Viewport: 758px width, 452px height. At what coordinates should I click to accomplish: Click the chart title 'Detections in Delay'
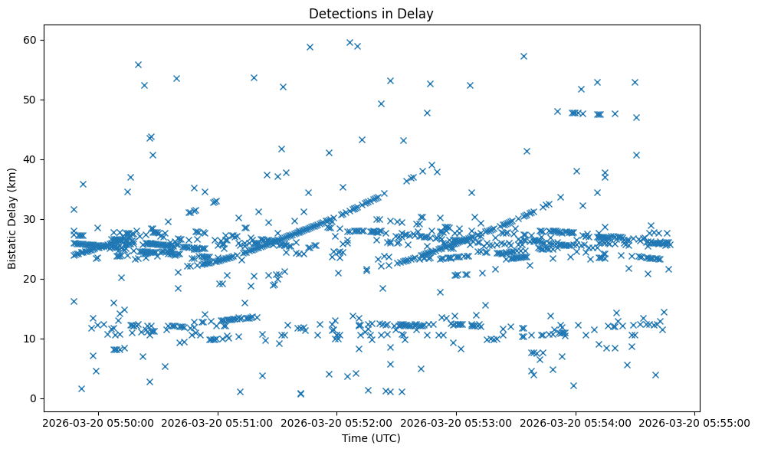pos(371,13)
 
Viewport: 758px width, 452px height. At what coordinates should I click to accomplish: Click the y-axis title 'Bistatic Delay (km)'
pos(12,218)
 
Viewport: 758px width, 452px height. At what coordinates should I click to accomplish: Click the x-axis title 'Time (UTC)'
pos(371,438)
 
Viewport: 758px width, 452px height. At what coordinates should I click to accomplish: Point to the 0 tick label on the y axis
pos(33,398)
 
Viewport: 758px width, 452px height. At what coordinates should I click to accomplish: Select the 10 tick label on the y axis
pos(30,339)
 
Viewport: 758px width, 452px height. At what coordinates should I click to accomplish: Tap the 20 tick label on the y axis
pos(30,279)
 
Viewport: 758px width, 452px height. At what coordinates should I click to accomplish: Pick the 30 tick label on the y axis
pos(30,219)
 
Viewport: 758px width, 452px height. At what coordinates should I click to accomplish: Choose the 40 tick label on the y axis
pos(30,159)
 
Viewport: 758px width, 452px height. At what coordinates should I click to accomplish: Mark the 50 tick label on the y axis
pos(30,100)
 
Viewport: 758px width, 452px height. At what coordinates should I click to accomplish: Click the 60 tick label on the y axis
pos(30,40)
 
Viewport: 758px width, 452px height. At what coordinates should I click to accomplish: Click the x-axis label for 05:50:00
pos(98,422)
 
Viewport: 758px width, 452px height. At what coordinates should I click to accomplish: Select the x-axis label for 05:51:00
pos(218,422)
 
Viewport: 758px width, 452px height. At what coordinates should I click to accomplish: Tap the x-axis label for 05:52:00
pos(337,422)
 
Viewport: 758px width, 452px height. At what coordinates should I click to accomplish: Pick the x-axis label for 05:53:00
pos(457,422)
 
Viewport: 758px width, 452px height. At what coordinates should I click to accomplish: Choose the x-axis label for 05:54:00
pos(576,422)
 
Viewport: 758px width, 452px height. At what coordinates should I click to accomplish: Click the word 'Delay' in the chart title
pos(418,13)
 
